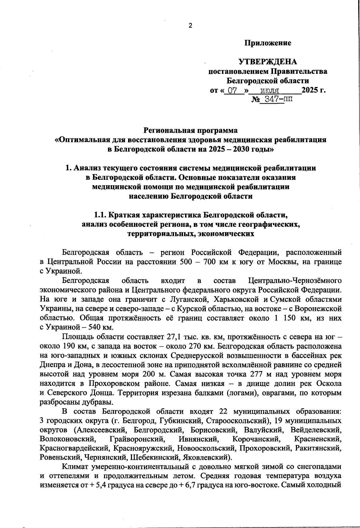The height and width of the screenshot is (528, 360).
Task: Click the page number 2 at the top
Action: [x=190, y=25]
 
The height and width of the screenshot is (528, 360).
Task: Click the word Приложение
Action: [x=268, y=43]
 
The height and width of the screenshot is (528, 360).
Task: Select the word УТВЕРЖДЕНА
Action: [x=268, y=62]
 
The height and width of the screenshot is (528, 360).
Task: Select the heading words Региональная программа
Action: [x=190, y=130]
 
